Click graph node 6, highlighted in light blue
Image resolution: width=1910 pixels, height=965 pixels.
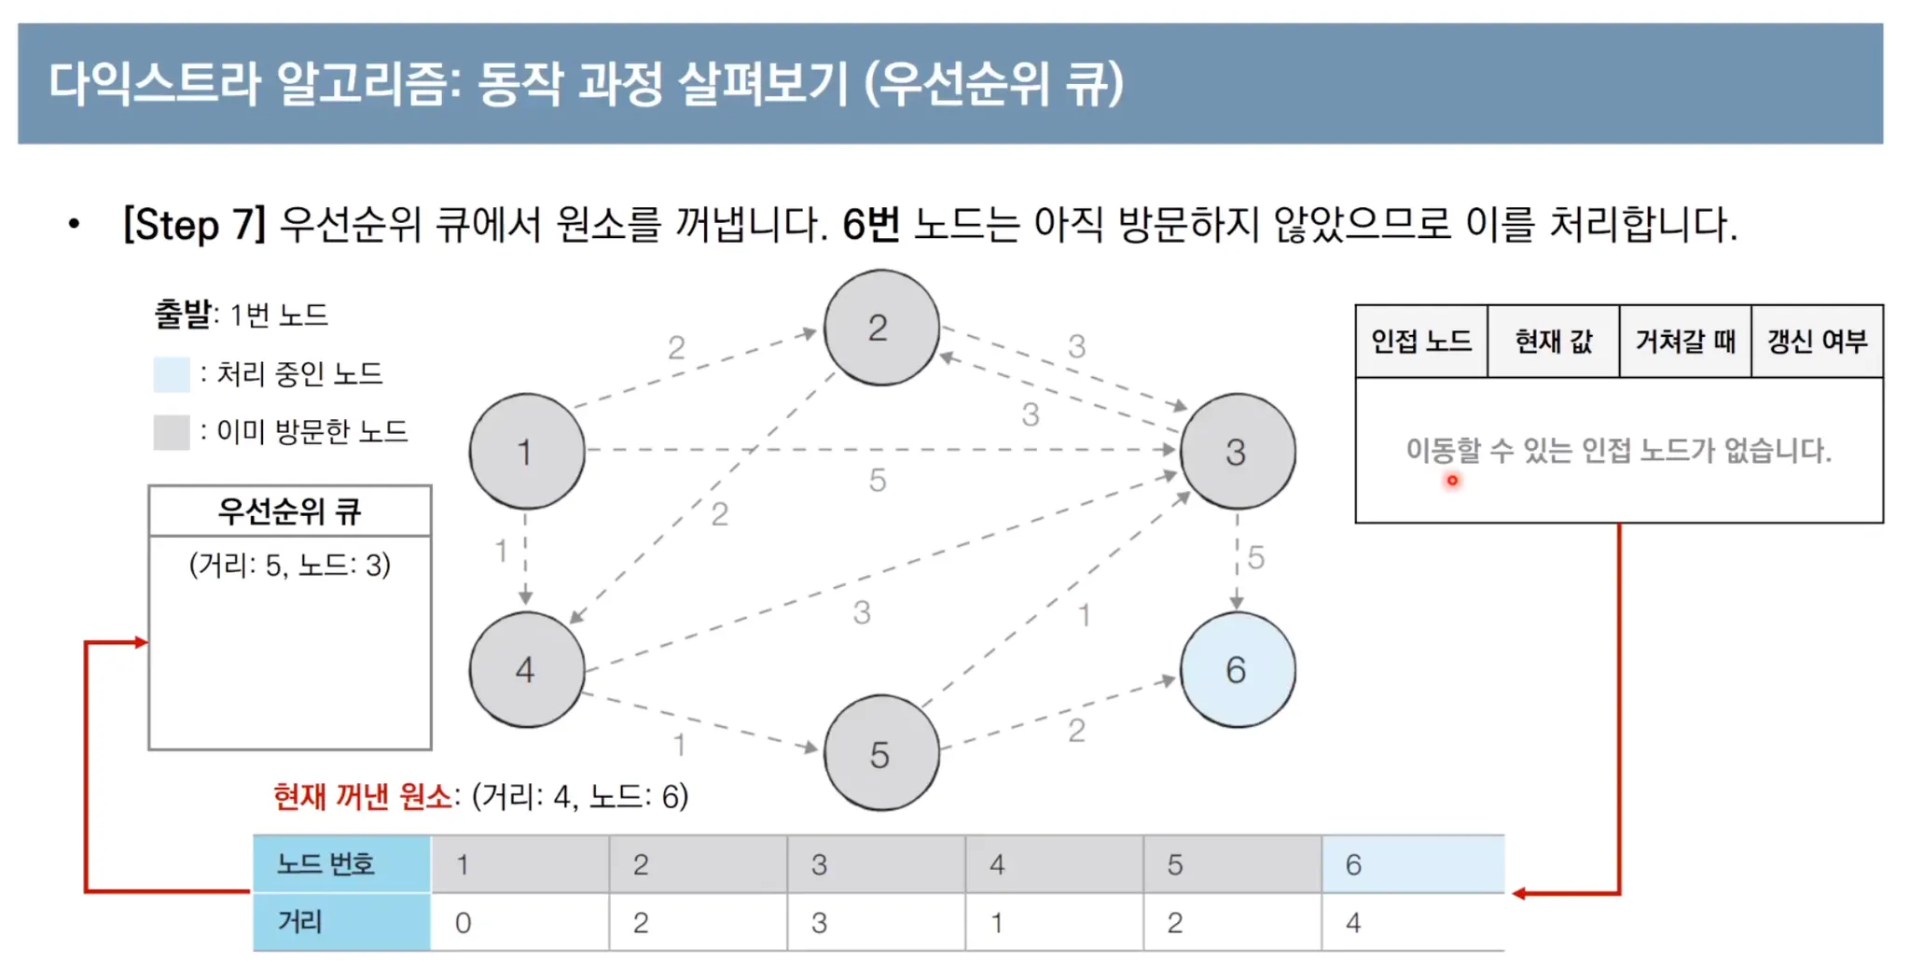point(1237,669)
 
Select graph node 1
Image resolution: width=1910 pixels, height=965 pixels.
point(527,452)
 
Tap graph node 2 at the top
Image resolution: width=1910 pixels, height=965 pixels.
point(880,328)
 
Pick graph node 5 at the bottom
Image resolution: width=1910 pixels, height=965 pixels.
point(880,753)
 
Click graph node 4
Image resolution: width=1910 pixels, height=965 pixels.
point(527,669)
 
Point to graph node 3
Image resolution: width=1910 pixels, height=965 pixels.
point(1237,452)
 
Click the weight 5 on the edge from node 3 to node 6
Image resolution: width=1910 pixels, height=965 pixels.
point(1256,558)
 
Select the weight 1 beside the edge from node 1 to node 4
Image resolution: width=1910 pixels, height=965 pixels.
point(502,551)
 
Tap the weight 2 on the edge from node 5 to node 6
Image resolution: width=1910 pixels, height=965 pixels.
point(1076,730)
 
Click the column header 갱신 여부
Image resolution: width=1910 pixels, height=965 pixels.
point(1817,342)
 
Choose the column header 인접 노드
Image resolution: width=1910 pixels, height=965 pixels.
point(1421,342)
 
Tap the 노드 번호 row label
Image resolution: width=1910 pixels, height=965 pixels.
point(326,864)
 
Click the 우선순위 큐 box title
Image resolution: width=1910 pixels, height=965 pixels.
point(289,510)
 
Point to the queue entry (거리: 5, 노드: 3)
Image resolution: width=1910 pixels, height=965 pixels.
point(289,565)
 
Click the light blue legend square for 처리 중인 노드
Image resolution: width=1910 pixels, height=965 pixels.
point(172,374)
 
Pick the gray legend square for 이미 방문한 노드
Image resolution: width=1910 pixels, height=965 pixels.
point(172,432)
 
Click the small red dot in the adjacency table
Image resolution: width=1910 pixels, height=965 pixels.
point(1452,481)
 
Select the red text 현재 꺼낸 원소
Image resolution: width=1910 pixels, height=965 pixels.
point(363,796)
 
